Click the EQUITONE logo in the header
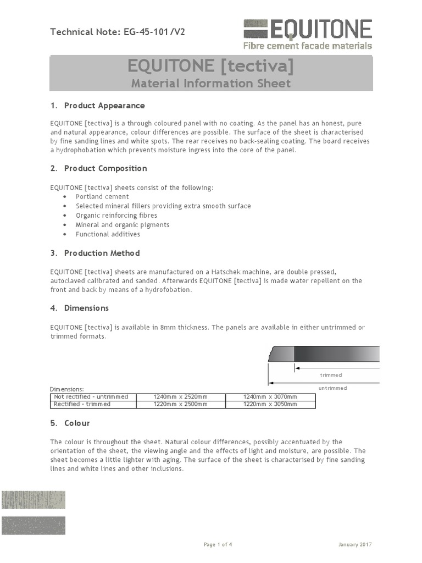308,34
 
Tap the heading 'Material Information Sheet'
210,84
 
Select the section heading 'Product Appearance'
104,106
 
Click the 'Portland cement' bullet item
102,196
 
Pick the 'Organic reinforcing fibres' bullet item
116,216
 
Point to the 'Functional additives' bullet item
108,234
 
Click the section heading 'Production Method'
102,253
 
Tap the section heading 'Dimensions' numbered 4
86,308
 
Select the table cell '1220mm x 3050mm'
270,404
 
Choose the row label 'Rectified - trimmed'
82,404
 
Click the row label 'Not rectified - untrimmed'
91,396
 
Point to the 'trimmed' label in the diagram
331,375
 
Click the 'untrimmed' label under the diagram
333,388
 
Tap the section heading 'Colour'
77,423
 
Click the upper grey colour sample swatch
33,500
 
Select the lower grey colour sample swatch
33,526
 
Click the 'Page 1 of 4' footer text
218,544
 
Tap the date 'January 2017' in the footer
355,544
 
